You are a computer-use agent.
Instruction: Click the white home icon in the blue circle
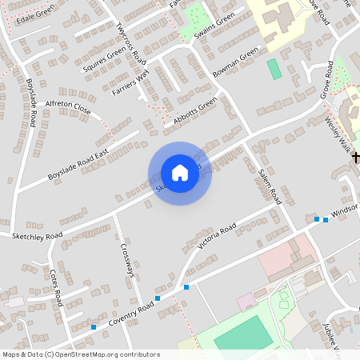[180, 173]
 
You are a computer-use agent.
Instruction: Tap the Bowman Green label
[236, 63]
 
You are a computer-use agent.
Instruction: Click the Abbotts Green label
[190, 113]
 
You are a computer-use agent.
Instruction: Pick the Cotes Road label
[55, 287]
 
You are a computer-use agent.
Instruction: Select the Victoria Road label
[217, 235]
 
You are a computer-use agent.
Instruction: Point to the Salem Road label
[269, 184]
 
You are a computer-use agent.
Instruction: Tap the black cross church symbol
[356, 158]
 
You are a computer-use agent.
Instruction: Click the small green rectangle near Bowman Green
[274, 69]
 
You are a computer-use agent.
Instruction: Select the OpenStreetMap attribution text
[82, 354]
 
